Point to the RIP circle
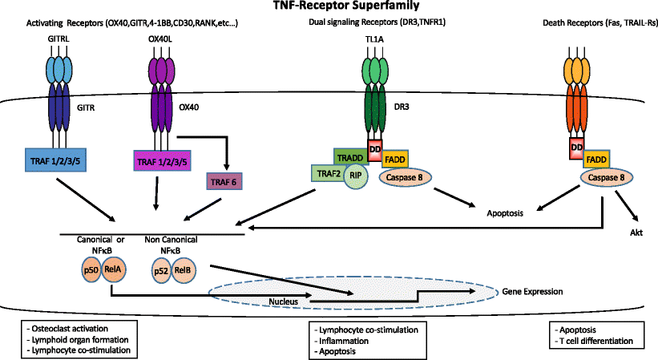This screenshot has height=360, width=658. coord(358,179)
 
